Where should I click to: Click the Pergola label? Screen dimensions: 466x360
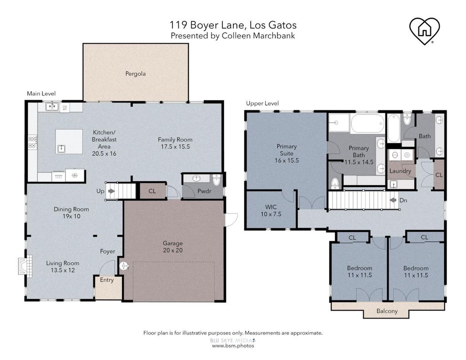click(x=135, y=73)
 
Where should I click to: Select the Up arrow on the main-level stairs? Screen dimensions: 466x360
click(x=111, y=191)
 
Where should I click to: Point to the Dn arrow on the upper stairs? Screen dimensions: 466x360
click(x=393, y=200)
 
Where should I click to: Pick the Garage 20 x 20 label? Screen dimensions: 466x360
click(x=172, y=247)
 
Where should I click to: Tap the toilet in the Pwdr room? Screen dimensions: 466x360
click(x=217, y=180)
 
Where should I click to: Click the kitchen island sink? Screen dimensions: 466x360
click(x=61, y=148)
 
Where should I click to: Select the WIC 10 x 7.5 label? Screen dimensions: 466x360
click(x=271, y=210)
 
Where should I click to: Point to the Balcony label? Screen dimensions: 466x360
click(x=387, y=311)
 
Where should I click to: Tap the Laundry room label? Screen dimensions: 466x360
click(x=400, y=171)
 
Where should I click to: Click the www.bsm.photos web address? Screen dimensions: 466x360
click(x=233, y=345)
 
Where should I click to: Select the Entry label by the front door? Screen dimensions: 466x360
click(x=106, y=280)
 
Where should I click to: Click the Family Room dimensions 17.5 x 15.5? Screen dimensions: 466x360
click(x=175, y=147)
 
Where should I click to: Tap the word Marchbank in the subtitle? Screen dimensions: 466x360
click(x=274, y=35)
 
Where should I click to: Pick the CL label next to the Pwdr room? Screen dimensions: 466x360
click(x=152, y=191)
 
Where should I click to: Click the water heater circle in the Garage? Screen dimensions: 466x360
click(x=123, y=266)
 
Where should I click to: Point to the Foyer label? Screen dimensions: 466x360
click(x=107, y=252)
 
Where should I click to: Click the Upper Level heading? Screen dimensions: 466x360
click(x=263, y=103)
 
